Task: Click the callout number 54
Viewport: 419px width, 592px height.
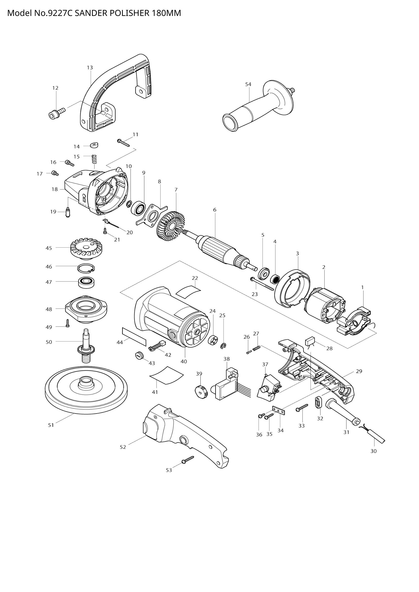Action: pyautogui.click(x=248, y=84)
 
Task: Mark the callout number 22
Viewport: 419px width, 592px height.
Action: pyautogui.click(x=195, y=278)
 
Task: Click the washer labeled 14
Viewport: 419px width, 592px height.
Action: pyautogui.click(x=94, y=145)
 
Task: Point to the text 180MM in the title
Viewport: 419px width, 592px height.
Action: pyautogui.click(x=166, y=13)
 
